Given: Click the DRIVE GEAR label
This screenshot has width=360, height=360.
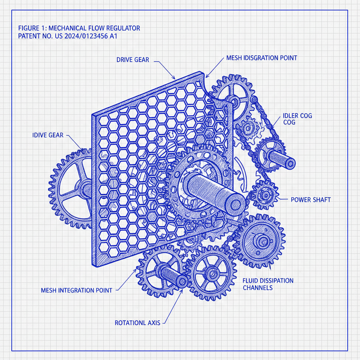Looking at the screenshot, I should tap(133, 60).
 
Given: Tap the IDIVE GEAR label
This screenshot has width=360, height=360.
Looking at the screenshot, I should tap(48, 135).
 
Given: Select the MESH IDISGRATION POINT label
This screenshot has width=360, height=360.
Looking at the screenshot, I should tap(262, 58).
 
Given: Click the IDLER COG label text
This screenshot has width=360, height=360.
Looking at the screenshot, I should tap(297, 119).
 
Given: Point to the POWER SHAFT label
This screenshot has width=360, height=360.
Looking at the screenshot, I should tap(311, 200).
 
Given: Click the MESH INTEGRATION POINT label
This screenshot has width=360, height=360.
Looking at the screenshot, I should tap(77, 290).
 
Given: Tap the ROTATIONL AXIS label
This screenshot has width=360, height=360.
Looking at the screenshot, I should tap(137, 322).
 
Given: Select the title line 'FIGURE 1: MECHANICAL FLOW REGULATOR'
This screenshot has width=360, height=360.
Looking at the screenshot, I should tap(79, 28).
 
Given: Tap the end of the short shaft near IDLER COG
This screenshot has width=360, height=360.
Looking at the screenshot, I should tap(290, 163).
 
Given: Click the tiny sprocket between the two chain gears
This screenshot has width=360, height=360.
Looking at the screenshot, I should tap(249, 129).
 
